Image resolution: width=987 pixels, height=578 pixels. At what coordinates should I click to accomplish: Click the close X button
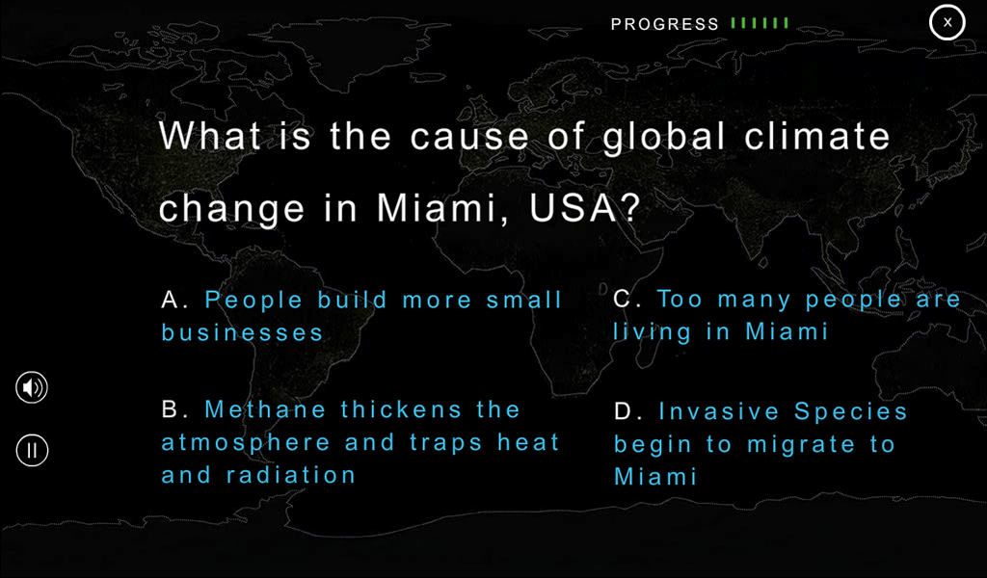tap(947, 23)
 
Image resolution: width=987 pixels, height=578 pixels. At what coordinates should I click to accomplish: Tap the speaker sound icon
tap(32, 387)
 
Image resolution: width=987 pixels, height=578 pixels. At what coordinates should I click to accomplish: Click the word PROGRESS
tap(665, 24)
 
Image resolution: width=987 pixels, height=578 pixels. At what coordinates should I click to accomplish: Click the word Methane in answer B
tap(265, 409)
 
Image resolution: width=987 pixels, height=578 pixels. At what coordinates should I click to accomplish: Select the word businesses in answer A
tap(242, 332)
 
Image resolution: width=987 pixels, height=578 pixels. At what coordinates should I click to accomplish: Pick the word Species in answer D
tap(850, 412)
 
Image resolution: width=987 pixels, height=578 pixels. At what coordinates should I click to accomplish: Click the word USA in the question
tap(574, 207)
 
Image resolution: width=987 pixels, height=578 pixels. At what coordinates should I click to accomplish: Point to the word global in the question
tap(664, 136)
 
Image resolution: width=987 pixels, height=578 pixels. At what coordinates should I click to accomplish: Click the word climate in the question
tap(817, 136)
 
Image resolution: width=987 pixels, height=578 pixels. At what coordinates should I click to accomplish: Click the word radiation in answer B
tap(291, 475)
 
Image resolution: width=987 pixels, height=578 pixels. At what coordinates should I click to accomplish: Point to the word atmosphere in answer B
tap(246, 443)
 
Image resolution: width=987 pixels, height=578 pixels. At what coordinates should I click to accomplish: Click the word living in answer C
tap(653, 332)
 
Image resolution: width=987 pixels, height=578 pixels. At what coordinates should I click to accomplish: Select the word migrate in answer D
tap(801, 445)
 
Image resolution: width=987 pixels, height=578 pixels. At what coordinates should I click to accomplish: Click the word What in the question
tap(209, 135)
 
